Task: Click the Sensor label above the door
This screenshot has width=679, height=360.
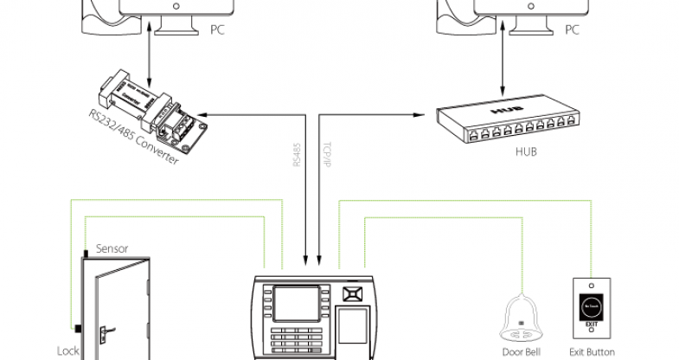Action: coord(112,248)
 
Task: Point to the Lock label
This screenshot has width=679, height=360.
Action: coord(68,350)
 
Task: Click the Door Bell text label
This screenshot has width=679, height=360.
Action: coord(522,351)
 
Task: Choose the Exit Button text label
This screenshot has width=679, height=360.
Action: coord(593,351)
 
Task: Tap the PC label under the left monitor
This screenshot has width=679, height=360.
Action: coord(217,29)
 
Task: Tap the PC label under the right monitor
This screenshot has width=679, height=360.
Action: coord(572,29)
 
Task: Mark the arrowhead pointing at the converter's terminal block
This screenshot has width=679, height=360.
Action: coord(203,113)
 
